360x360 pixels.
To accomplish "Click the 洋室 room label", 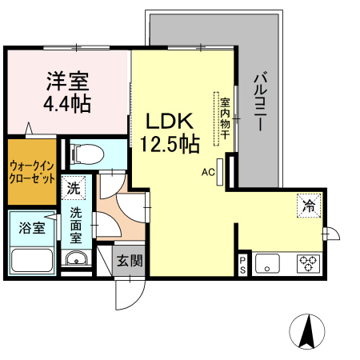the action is (x=67, y=81).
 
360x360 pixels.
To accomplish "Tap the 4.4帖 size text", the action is (x=67, y=104).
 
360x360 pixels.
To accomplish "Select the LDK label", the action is (x=170, y=122).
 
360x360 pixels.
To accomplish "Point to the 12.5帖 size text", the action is (x=170, y=144).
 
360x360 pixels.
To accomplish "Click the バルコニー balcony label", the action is (x=260, y=102).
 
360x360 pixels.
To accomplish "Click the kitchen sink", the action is (x=267, y=264).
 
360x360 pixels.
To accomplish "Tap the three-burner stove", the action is (x=308, y=264).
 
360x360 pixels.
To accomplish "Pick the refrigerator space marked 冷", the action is (x=309, y=206).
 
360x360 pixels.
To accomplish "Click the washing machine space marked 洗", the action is (x=74, y=188).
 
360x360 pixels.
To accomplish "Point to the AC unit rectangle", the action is (x=219, y=172).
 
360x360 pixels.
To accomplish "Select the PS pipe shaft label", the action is (x=242, y=265).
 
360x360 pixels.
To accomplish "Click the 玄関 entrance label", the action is (x=130, y=261).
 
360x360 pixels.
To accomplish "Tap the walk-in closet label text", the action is (x=32, y=172).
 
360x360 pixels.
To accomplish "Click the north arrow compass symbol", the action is (x=307, y=331).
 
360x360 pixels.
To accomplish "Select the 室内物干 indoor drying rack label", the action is (x=225, y=118).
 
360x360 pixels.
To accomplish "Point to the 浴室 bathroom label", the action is (x=32, y=228).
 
